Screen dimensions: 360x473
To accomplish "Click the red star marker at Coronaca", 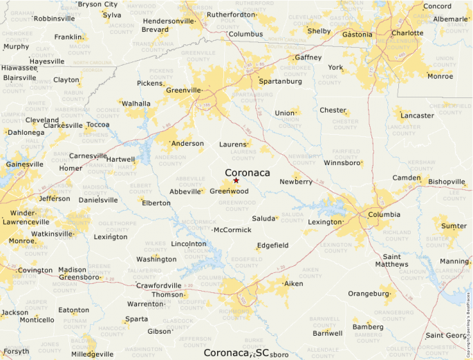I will (x=236, y=180).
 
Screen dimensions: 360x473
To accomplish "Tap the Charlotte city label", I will (x=407, y=32).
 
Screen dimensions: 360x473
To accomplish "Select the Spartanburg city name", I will (x=280, y=81).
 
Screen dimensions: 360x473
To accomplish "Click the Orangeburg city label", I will (x=369, y=294).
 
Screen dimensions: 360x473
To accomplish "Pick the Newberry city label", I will (x=296, y=182).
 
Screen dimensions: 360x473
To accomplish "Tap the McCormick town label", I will (x=233, y=229).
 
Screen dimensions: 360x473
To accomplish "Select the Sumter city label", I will (x=454, y=226).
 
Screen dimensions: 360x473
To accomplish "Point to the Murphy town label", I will (x=16, y=47).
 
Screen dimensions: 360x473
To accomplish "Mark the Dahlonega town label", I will (x=26, y=132).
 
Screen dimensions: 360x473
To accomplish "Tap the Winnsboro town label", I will (x=343, y=164).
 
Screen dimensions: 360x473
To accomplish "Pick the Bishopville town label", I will (x=447, y=182).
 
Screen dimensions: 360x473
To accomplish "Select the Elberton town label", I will (x=156, y=203).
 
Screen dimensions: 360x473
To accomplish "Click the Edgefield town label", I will (x=272, y=245).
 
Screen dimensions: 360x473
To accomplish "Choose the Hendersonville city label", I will (x=167, y=21).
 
